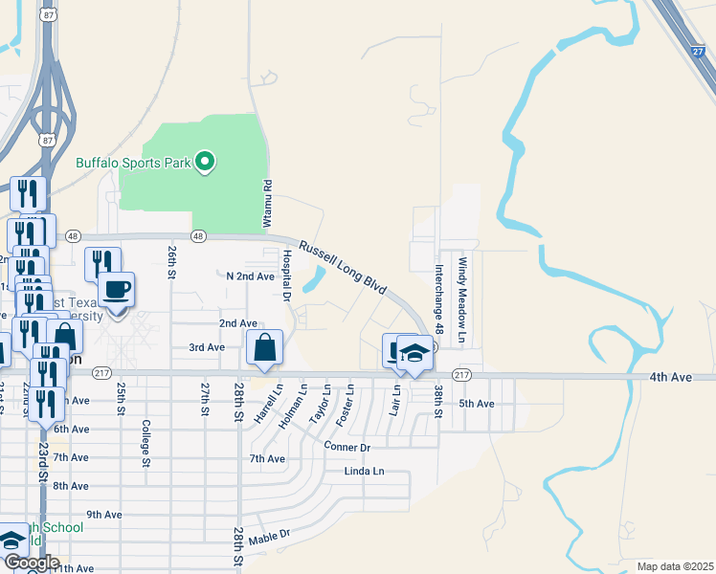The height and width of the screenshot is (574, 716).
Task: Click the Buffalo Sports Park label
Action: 134,163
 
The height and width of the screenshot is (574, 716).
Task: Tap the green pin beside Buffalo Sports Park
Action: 205,163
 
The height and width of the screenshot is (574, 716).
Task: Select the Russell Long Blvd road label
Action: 342,267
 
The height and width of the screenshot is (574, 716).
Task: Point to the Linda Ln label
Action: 364,472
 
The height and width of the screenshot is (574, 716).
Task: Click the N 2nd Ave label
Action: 250,276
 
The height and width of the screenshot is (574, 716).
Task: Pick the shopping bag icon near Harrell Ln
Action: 265,348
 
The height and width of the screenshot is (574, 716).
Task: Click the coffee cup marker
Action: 117,290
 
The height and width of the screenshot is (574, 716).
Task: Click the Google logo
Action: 31,563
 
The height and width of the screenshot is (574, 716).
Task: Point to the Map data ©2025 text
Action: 674,566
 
